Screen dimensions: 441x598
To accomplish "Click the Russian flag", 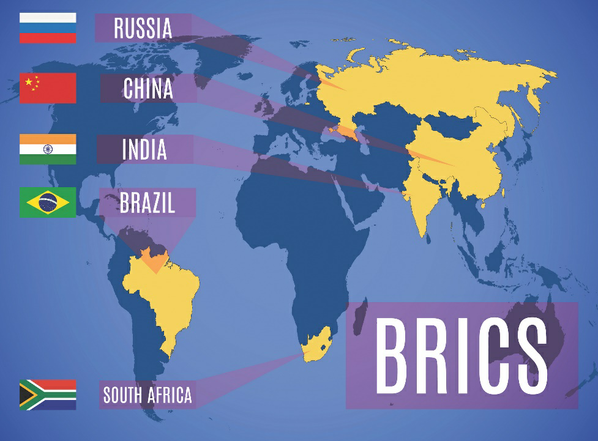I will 48,28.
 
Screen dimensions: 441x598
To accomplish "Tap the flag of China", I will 48,88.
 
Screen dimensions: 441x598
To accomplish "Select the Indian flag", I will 48,149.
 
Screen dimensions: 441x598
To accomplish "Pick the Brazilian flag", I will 48,202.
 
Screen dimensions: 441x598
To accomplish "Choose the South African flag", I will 48,395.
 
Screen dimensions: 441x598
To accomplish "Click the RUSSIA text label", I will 143,28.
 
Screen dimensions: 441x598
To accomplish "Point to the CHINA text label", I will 148,89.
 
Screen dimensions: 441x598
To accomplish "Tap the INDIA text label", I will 144,149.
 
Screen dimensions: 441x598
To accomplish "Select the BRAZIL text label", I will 147,203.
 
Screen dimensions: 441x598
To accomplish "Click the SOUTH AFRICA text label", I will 147,395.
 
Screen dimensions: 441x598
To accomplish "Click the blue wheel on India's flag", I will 48,149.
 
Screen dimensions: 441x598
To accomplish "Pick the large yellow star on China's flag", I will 29,81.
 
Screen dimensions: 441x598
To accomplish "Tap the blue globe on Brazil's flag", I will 48,202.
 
